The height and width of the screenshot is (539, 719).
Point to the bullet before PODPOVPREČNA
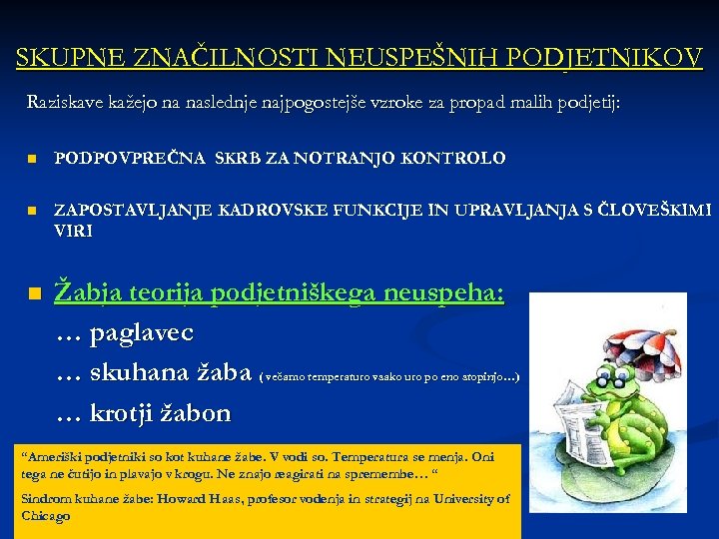(32, 159)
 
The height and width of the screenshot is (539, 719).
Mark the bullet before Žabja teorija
(34, 294)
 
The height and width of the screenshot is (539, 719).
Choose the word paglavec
(142, 332)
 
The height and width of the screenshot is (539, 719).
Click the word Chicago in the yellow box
(46, 516)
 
